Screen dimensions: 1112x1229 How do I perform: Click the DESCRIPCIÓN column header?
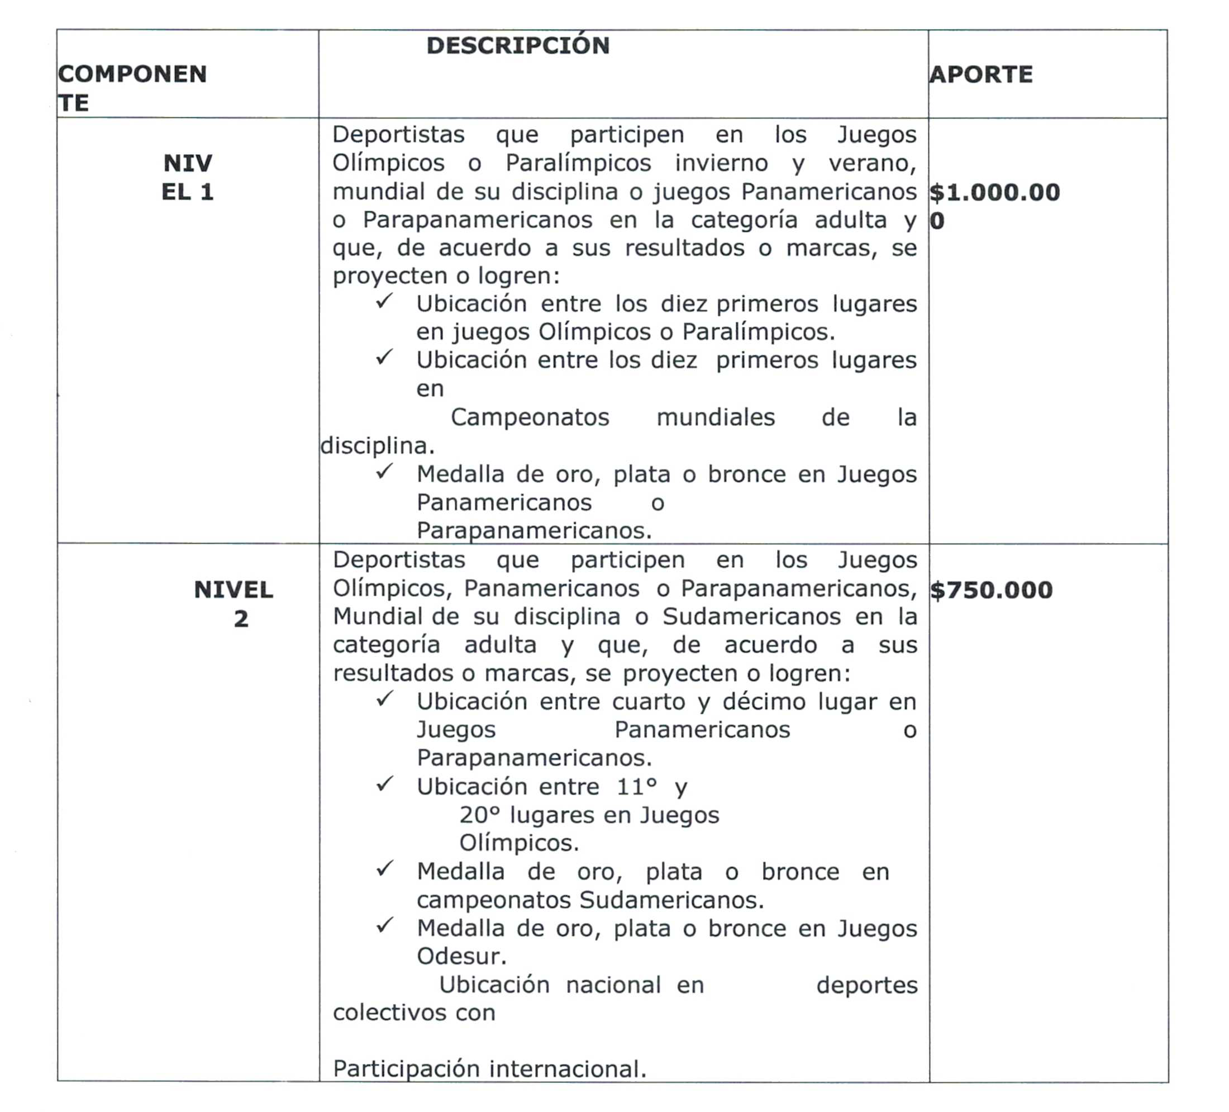click(517, 46)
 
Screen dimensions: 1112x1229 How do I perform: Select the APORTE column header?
click(981, 74)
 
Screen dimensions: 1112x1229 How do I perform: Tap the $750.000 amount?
click(991, 590)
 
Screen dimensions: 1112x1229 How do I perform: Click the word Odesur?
click(461, 956)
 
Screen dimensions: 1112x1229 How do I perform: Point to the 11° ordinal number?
click(636, 786)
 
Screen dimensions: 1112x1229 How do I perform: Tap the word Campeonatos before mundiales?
click(530, 417)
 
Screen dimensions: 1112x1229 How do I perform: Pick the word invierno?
click(720, 163)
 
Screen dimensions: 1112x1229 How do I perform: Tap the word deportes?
click(866, 985)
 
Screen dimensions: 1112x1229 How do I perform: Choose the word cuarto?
click(649, 702)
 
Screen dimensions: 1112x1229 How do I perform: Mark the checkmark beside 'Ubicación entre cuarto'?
click(384, 698)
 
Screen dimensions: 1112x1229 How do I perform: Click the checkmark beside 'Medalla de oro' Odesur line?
click(384, 925)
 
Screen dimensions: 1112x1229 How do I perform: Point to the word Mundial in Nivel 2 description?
click(377, 616)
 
